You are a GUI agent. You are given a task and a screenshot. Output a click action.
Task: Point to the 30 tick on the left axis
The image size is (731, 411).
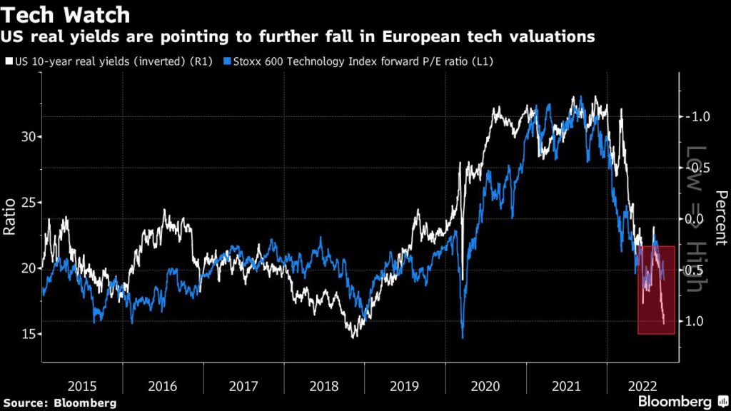(x=28, y=136)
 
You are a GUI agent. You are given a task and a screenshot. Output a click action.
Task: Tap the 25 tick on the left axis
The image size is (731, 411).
(x=28, y=202)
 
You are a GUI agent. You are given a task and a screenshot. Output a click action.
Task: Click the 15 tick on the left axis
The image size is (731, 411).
(x=28, y=334)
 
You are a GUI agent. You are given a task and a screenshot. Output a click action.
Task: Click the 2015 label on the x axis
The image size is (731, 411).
(x=82, y=386)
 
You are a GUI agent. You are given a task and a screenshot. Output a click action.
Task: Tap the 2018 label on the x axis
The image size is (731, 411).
(x=325, y=386)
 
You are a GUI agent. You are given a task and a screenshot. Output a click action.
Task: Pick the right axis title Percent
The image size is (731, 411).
(x=720, y=218)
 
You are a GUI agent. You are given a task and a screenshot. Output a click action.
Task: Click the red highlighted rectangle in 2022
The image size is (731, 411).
(x=656, y=290)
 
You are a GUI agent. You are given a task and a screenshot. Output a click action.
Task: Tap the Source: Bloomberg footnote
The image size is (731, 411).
(x=59, y=403)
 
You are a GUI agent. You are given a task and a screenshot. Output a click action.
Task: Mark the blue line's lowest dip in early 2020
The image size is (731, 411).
(x=463, y=338)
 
